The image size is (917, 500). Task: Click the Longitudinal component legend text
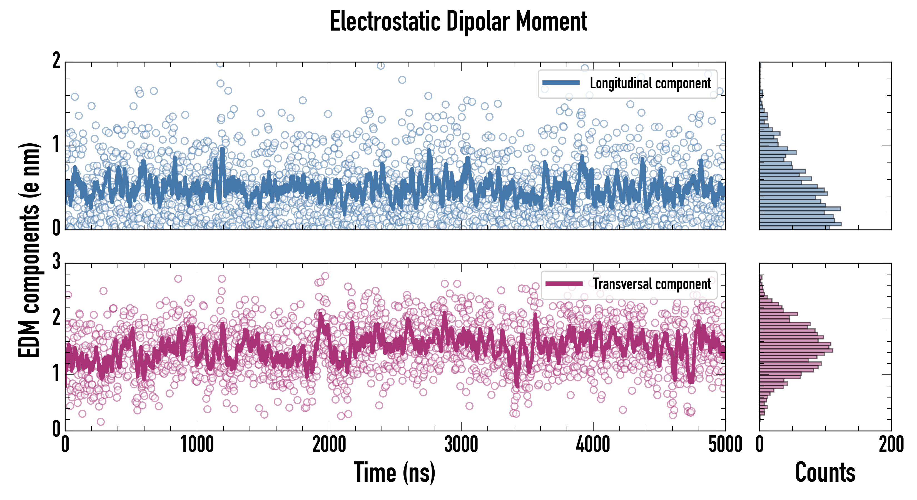pos(650,83)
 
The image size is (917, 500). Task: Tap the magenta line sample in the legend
pos(564,284)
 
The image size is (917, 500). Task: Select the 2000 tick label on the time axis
pos(329,445)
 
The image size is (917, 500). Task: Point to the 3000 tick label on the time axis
pos(461,445)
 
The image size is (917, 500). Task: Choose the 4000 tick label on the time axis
pos(593,445)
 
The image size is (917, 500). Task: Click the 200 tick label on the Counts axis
pos(891,445)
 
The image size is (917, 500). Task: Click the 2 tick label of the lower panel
pos(56,318)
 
